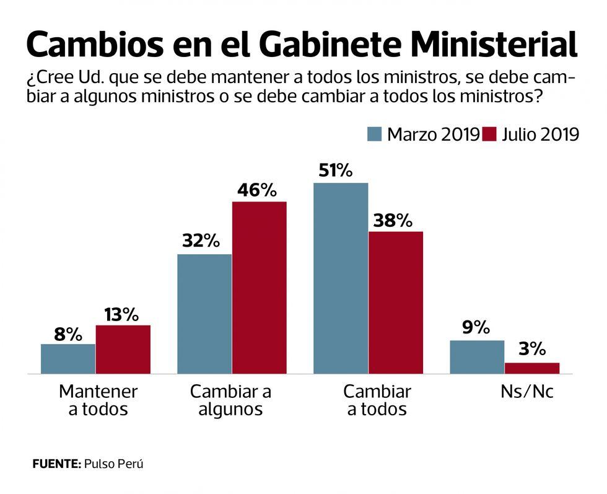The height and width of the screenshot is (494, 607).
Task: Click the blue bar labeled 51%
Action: click(341, 278)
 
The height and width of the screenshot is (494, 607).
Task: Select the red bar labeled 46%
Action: click(259, 288)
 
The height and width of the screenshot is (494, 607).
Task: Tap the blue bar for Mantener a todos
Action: click(68, 359)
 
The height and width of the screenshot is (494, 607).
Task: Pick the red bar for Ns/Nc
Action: click(532, 368)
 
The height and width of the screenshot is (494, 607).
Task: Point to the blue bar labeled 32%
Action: click(204, 314)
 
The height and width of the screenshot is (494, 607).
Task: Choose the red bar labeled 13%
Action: click(123, 350)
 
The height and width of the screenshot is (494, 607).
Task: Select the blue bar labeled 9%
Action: click(477, 357)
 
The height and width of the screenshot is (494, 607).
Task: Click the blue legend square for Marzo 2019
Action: click(374, 134)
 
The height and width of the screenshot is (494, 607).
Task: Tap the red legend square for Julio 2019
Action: click(490, 134)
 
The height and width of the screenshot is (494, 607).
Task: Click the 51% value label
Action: click(335, 170)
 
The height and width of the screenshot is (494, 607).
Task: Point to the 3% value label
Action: click(532, 349)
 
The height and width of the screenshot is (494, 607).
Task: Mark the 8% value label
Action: click(68, 335)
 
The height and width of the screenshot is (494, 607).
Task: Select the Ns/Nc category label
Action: click(527, 392)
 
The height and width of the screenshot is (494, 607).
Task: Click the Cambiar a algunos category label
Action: click(230, 400)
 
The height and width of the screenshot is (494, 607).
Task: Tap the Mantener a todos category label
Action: click(98, 400)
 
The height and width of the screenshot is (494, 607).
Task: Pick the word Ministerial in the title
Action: click(494, 45)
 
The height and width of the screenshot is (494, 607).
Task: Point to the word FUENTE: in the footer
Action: click(56, 464)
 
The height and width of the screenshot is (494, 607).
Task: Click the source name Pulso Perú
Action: click(113, 464)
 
